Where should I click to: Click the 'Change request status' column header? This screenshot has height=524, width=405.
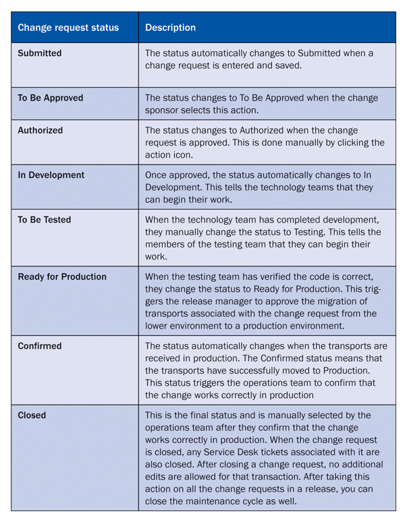[x=68, y=28]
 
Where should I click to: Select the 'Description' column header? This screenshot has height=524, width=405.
[x=171, y=28]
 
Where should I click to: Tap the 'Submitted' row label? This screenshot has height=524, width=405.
[x=40, y=53]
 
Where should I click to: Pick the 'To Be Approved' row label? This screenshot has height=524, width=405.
[x=51, y=98]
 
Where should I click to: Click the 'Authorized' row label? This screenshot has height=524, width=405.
[x=40, y=130]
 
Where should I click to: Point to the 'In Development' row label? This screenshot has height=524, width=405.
[x=51, y=175]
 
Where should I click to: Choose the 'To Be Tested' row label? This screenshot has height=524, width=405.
[x=45, y=220]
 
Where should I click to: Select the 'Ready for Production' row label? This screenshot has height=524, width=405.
[x=62, y=277]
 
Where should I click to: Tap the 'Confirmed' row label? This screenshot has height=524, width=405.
[x=40, y=346]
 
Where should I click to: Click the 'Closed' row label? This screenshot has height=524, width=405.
[x=32, y=415]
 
